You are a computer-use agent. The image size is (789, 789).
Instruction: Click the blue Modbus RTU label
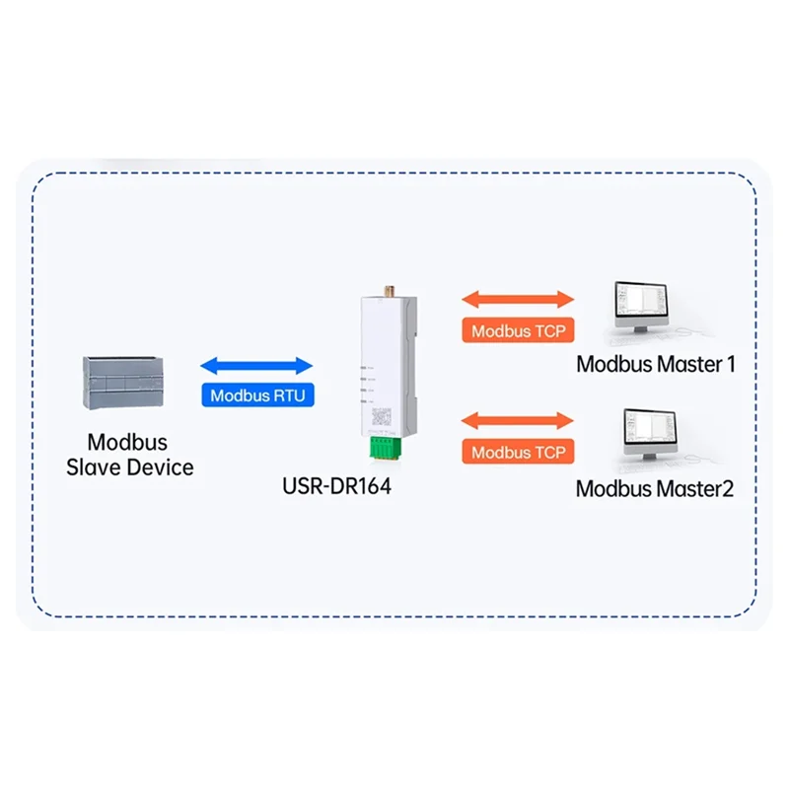tap(256, 396)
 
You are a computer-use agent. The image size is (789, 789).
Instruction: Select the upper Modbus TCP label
tap(518, 331)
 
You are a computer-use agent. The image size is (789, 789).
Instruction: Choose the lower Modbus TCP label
tap(518, 453)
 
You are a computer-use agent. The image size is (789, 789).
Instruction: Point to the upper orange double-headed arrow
tap(518, 298)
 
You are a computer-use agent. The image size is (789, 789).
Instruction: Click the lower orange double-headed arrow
tap(518, 420)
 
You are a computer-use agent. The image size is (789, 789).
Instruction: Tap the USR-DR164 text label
tap(336, 486)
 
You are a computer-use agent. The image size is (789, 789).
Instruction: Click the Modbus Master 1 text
tap(656, 364)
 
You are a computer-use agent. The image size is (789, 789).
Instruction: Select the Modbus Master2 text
tap(654, 487)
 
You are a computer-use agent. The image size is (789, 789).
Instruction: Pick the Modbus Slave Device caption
tap(129, 455)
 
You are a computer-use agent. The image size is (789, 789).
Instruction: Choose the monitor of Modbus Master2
tap(650, 431)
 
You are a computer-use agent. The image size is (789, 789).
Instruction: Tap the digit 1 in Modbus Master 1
tap(730, 364)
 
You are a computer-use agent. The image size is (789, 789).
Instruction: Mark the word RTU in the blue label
tap(287, 396)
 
